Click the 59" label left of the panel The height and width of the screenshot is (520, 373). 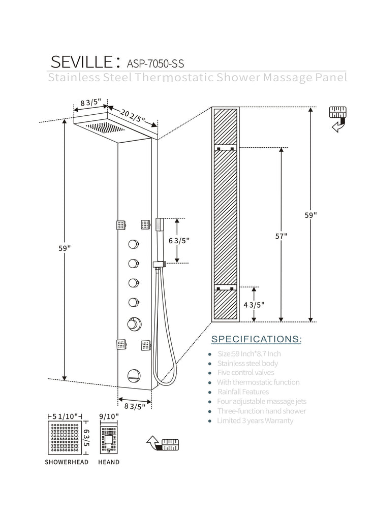65,248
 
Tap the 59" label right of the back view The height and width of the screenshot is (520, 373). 310,214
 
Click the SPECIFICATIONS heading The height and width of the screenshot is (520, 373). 256,339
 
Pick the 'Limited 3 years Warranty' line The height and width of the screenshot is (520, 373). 255,420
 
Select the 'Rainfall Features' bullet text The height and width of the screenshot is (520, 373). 243,392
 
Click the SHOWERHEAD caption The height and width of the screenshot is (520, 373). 67,462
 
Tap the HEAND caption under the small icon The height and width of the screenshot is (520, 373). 109,462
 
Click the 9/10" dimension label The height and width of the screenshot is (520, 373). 109,416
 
